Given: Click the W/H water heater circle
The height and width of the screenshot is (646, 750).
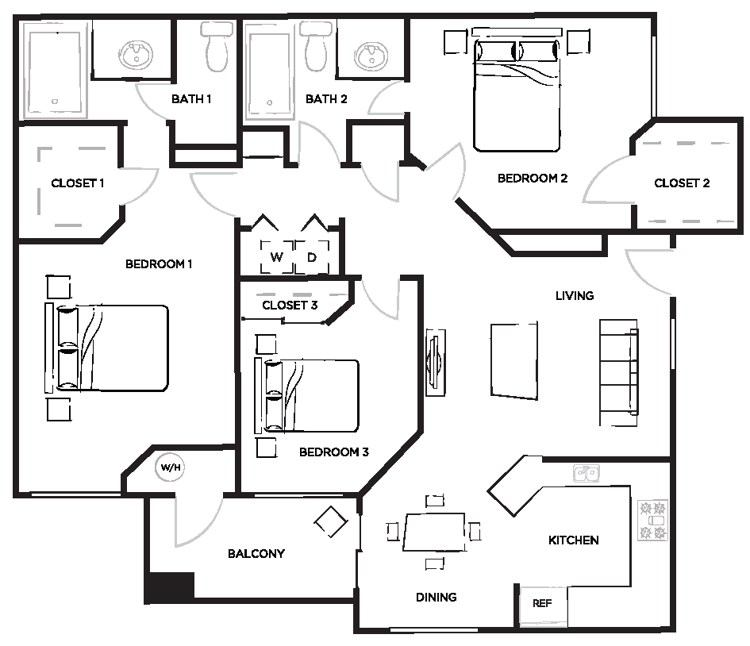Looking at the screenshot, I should click(171, 467).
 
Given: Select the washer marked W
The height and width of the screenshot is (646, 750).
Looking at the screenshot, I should click(277, 257).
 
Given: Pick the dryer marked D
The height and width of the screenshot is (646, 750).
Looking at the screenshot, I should click(312, 257).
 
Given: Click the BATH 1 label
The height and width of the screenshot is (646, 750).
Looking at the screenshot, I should click(191, 99).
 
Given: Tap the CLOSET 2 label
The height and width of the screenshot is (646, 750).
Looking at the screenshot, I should click(682, 183).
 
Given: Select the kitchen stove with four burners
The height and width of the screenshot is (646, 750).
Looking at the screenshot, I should click(652, 521).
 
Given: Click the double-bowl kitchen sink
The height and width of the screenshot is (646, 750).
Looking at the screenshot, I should click(587, 474).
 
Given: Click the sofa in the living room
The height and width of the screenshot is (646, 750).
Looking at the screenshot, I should click(619, 367).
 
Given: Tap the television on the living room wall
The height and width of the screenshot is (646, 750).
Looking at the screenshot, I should click(434, 361).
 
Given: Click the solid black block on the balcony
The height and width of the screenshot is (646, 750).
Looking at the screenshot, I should click(170, 586).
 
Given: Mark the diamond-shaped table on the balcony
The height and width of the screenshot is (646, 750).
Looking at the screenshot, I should click(330, 521).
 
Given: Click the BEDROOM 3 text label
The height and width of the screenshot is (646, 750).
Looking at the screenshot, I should click(333, 452).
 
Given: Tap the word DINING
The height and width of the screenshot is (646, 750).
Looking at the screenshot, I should click(436, 597).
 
